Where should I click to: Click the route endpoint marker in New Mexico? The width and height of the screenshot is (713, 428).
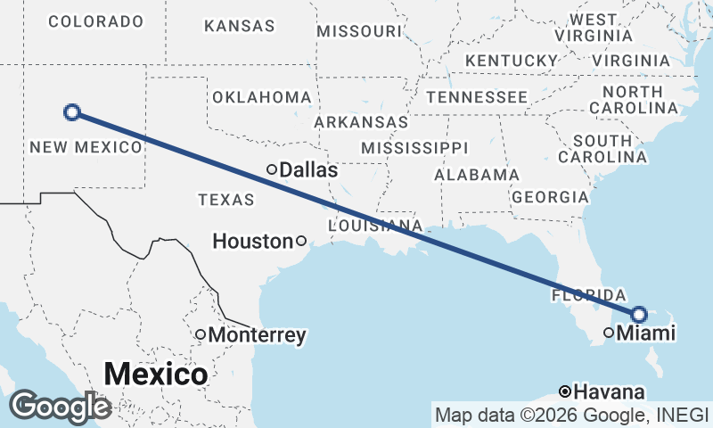click(x=72, y=112)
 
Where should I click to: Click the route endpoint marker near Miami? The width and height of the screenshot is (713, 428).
click(x=639, y=314)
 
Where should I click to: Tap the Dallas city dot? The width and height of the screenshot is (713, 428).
click(x=272, y=169)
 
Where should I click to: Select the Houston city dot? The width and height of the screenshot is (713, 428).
click(x=301, y=240)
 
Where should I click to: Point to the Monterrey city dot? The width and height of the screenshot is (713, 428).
click(x=201, y=334)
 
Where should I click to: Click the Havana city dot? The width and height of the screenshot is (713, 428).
click(x=565, y=391)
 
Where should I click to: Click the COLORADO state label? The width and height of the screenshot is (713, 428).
click(x=95, y=21)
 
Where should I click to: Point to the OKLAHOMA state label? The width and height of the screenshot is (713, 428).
click(x=260, y=96)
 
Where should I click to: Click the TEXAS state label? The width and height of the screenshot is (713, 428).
click(x=226, y=200)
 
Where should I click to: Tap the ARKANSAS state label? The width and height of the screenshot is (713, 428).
click(x=361, y=121)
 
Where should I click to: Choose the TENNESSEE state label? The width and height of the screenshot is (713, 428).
click(x=477, y=96)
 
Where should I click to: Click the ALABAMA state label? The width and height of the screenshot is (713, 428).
click(x=477, y=175)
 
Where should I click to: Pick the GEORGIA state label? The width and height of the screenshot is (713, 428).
click(x=551, y=197)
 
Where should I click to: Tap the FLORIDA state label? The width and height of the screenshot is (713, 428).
click(x=588, y=294)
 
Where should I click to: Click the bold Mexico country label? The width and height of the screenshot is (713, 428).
click(x=156, y=374)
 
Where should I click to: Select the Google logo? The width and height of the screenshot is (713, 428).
click(x=60, y=407)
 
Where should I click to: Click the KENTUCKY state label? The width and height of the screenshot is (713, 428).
click(x=511, y=60)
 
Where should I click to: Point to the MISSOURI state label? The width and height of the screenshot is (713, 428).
click(x=359, y=31)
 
